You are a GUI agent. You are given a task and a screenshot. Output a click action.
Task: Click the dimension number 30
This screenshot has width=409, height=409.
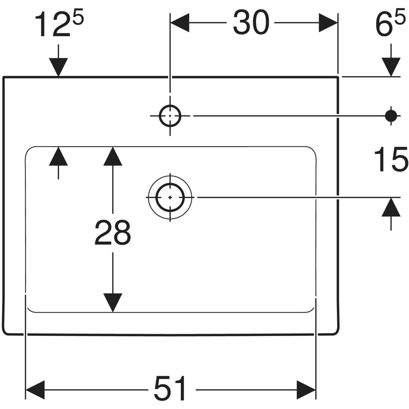(x=251, y=22)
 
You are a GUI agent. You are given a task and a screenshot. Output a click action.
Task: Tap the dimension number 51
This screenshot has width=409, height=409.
(x=170, y=389)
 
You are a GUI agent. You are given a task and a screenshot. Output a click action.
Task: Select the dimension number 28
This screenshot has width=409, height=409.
(x=112, y=232)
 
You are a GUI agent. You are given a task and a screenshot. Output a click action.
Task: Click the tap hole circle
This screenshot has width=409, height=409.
(x=170, y=116)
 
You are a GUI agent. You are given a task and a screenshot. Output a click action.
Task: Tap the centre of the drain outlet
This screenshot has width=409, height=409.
(x=170, y=197)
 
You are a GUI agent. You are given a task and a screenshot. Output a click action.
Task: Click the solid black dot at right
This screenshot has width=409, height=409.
(x=391, y=116)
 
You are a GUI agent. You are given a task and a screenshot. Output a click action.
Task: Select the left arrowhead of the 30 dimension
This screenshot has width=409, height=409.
(x=179, y=22)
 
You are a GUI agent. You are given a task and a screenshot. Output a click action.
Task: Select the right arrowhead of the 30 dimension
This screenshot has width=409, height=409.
(x=328, y=22)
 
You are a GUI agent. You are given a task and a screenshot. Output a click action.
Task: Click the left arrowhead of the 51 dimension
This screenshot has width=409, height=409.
(x=35, y=389)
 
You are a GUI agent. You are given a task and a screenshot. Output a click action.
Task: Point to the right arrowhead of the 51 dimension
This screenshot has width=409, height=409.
(x=306, y=389)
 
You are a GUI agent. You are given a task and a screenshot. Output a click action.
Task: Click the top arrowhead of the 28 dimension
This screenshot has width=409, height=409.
(x=112, y=156)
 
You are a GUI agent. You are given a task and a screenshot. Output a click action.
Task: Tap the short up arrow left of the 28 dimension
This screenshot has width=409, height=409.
(x=58, y=156)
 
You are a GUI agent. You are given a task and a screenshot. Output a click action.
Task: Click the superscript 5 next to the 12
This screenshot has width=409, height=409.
(x=78, y=18)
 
